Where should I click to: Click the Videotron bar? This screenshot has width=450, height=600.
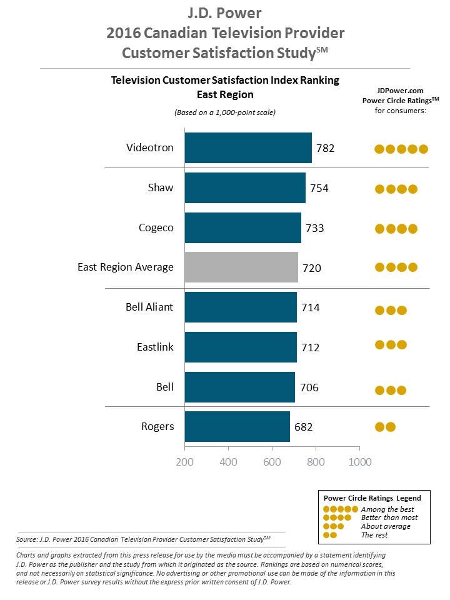[248, 147]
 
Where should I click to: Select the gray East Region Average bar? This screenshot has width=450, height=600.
[241, 267]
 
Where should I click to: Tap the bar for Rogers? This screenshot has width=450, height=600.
[237, 427]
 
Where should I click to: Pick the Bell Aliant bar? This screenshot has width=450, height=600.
[241, 307]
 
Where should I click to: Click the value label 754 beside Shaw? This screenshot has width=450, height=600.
[319, 188]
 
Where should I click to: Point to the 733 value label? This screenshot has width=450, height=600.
[314, 228]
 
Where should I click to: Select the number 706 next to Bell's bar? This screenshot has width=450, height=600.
[309, 387]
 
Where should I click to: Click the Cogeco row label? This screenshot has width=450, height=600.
[156, 228]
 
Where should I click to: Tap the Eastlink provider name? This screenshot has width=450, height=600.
[156, 347]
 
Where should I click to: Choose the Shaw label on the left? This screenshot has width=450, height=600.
[161, 187]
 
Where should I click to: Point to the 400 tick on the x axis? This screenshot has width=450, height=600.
[229, 462]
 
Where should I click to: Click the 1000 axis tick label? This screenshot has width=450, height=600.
[360, 462]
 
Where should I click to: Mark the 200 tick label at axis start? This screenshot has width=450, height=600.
[184, 462]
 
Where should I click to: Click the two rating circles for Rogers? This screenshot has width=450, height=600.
[385, 427]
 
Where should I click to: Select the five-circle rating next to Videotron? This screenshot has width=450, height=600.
[401, 149]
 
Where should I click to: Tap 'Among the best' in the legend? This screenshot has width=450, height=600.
[387, 509]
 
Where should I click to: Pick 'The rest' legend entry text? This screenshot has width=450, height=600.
[374, 535]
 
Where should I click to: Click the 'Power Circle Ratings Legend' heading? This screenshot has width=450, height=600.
[372, 498]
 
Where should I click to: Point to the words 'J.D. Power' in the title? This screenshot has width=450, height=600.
[224, 13]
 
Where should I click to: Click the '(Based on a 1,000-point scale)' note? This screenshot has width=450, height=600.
[225, 112]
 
